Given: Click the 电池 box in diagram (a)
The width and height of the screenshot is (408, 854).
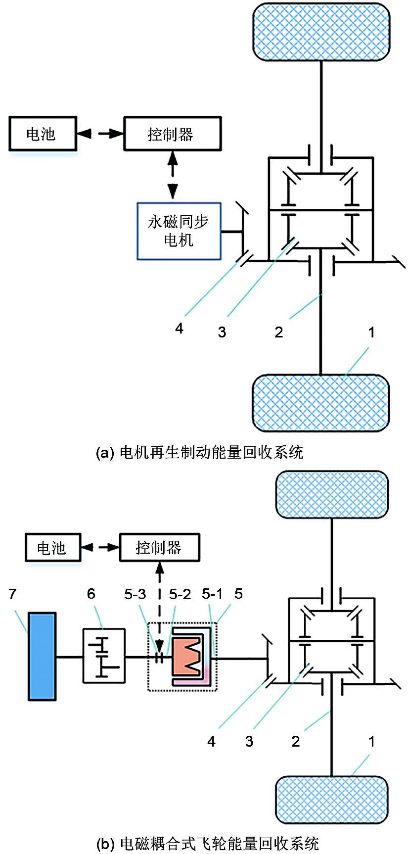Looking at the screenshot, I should tap(43, 134).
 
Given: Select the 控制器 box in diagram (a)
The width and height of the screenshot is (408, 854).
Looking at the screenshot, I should tap(172, 134).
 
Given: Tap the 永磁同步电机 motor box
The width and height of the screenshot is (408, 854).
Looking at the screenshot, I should tap(179, 231).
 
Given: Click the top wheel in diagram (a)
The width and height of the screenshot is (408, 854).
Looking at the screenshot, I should tap(321, 32).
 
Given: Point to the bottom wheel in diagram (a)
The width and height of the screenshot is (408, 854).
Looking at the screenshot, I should tap(321, 402).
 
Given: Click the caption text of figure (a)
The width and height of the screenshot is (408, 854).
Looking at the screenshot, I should tap(199, 452).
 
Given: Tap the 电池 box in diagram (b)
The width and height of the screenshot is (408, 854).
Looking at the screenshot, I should tap(53, 548).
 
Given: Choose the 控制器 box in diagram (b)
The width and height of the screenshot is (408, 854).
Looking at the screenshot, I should tap(159, 548).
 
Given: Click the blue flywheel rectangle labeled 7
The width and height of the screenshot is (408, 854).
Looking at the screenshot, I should tap(42, 657).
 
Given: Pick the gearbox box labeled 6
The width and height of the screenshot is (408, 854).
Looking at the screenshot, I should tap(103, 656).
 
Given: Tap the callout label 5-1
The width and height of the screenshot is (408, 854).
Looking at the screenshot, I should tap(212, 594).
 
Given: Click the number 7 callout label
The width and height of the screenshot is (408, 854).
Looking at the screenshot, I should tap(13, 594).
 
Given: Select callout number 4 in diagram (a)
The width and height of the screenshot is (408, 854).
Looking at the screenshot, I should tap(179, 328).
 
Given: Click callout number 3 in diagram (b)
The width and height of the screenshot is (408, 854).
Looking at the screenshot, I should tap(249, 741).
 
